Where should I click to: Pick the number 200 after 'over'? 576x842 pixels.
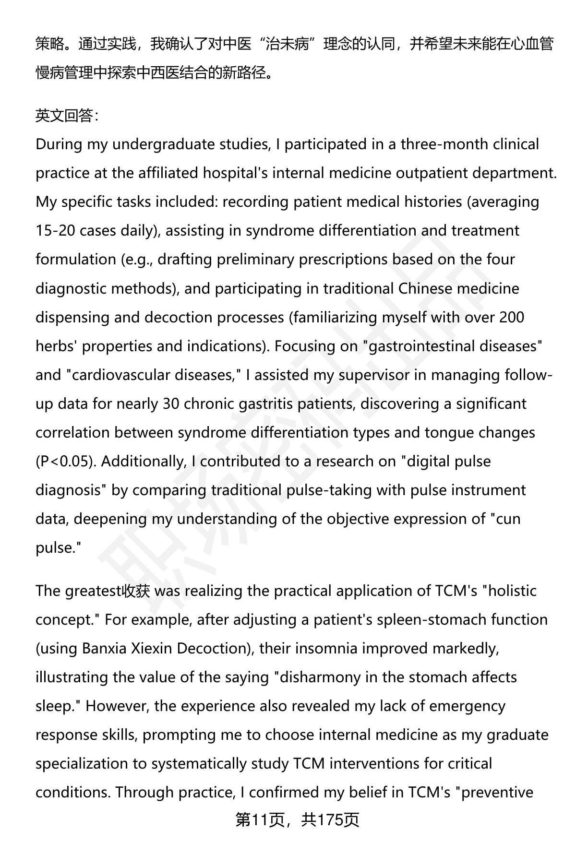point(511,317)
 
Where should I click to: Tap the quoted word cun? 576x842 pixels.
point(507,519)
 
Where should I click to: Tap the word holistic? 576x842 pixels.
point(513,591)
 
